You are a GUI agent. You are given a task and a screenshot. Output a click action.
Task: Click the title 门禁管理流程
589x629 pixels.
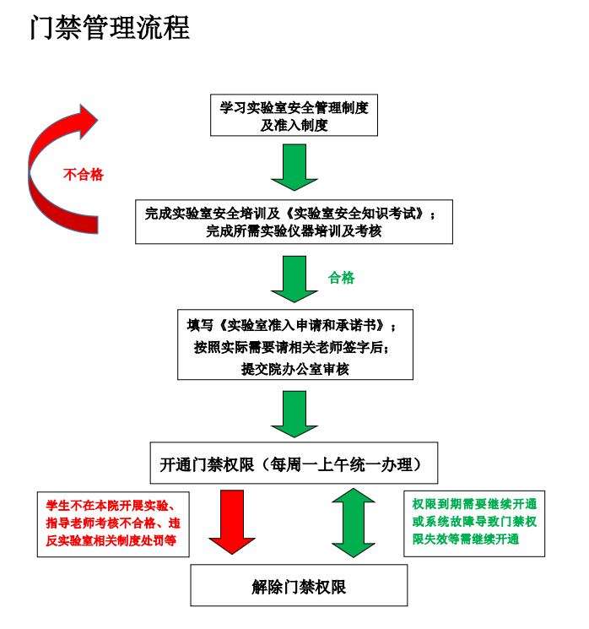[x=110, y=28]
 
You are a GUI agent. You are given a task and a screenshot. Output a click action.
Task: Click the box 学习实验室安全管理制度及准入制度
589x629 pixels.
[x=294, y=117]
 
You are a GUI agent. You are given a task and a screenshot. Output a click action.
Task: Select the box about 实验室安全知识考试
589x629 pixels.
[x=294, y=222]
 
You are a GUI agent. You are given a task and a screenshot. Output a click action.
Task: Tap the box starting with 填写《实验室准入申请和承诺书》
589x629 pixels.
[x=294, y=346]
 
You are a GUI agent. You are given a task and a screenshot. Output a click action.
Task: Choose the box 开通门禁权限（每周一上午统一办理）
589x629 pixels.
[x=294, y=464]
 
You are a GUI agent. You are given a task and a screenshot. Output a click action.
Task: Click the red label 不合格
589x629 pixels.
[x=84, y=175]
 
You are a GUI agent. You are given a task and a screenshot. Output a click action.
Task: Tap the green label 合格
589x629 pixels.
[x=342, y=278]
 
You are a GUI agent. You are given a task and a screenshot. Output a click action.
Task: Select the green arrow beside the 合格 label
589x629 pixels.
[x=294, y=279]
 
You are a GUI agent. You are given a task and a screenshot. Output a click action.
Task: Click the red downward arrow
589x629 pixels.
[x=232, y=522]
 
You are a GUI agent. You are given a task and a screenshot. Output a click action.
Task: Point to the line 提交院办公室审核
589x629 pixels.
[x=294, y=369]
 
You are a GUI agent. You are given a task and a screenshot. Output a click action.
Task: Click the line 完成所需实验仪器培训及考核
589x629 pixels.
[x=294, y=231]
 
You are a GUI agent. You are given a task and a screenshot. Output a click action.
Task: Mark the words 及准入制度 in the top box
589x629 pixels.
[x=294, y=126]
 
